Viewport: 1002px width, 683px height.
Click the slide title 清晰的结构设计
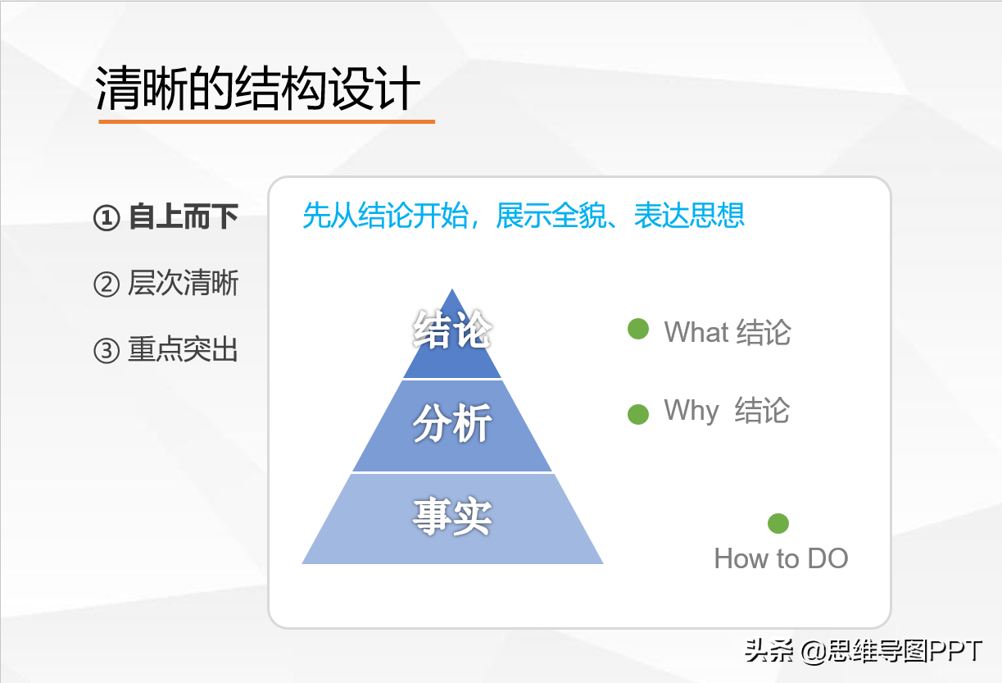click(257, 88)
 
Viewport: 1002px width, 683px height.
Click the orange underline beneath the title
click(266, 121)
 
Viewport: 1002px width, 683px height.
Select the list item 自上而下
click(184, 217)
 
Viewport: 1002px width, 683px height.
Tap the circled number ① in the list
click(107, 218)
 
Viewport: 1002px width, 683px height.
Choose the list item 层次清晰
click(184, 283)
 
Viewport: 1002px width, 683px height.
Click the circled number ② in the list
click(107, 285)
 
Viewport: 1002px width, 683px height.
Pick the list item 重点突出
click(183, 349)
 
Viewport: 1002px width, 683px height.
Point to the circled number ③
click(107, 350)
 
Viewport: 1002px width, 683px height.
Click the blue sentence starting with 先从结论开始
click(524, 216)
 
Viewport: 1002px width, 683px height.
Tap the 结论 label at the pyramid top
click(451, 330)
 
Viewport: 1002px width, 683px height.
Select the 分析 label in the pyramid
click(451, 423)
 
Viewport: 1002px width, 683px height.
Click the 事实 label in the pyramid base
click(451, 517)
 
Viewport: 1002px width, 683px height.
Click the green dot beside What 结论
click(638, 329)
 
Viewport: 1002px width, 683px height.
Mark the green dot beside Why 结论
click(638, 414)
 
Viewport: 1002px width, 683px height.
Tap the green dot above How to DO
click(778, 524)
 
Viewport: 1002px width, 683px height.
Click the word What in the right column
click(696, 332)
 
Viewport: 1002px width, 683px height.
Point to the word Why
click(691, 411)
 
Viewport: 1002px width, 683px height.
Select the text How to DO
click(781, 558)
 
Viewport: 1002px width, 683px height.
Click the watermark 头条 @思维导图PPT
click(864, 651)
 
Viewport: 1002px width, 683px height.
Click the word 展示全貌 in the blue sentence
click(551, 216)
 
